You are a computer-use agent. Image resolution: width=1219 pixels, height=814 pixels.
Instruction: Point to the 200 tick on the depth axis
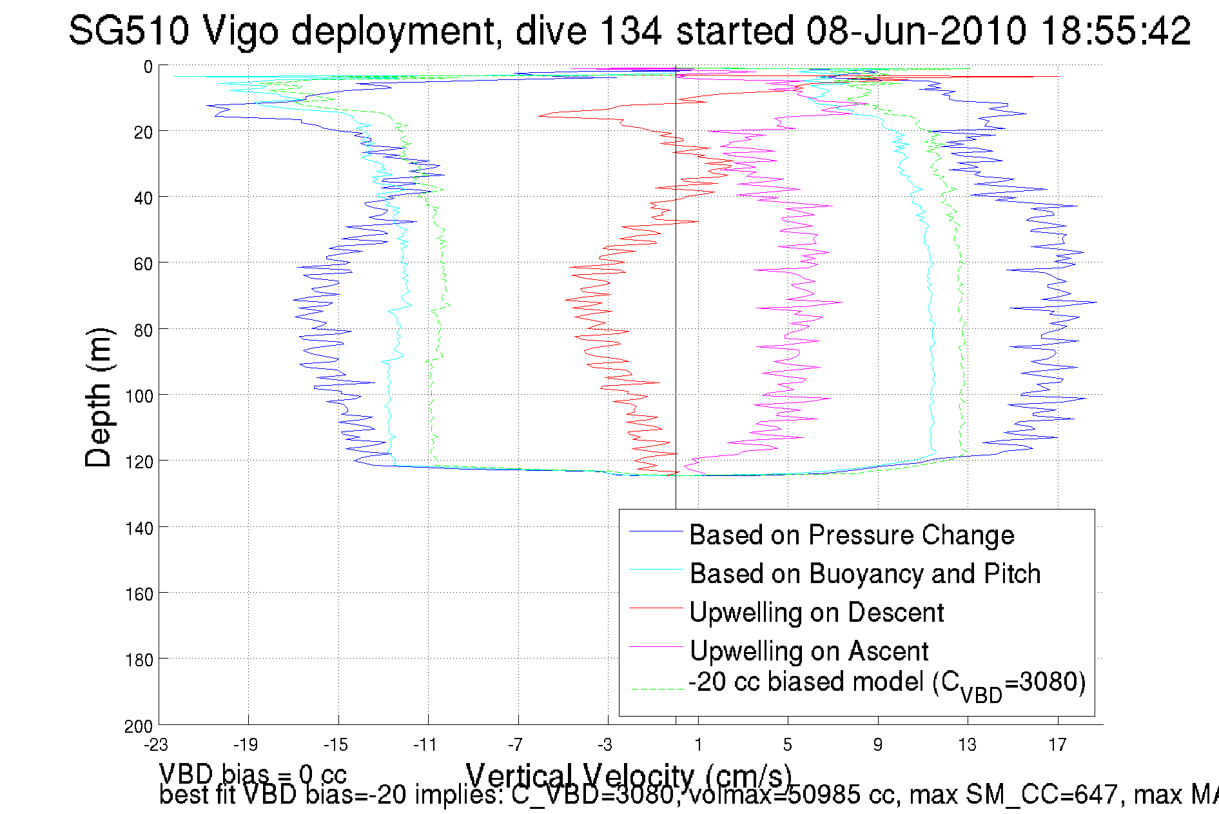pos(139,726)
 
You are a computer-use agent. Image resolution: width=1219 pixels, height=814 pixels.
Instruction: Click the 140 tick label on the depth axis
pos(139,529)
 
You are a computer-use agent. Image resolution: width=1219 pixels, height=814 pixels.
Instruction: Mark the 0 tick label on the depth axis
pos(148,66)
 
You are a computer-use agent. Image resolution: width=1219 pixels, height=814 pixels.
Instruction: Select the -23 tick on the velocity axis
pos(156,745)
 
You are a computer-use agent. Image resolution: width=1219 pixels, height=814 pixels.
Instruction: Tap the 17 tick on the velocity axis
pos(1057,745)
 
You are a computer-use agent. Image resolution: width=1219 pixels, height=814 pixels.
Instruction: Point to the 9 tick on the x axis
pos(877,745)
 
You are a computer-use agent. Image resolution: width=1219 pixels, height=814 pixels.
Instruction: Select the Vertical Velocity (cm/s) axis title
pos(629,775)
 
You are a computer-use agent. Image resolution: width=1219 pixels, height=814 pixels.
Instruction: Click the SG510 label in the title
pos(129,30)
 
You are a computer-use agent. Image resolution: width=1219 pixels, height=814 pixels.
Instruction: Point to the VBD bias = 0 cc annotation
pos(253,774)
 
